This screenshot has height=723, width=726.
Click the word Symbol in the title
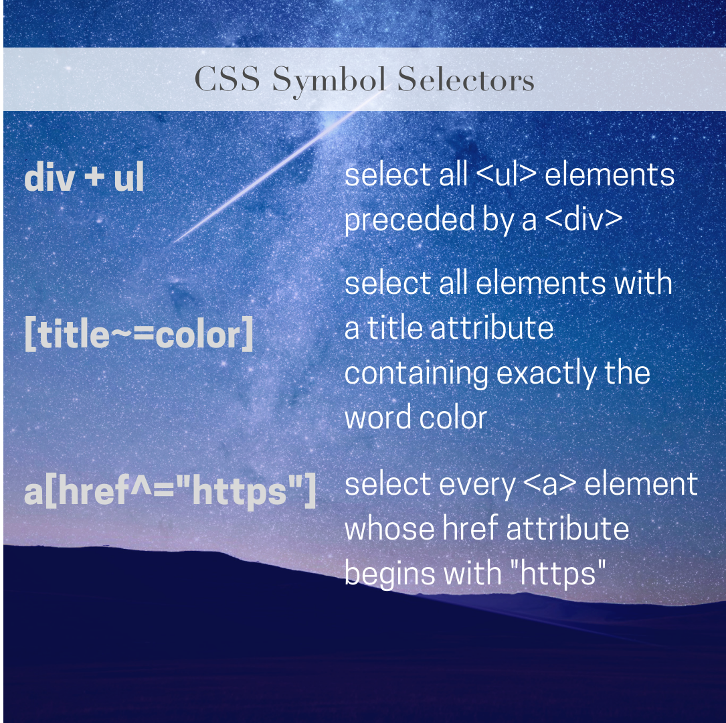(329, 80)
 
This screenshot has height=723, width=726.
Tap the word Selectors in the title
(466, 80)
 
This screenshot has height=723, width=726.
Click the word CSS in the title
(228, 80)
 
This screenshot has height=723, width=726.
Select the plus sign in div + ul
(95, 179)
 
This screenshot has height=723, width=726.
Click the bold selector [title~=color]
(139, 335)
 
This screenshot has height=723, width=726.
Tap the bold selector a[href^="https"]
(170, 491)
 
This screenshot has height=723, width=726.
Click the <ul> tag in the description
(507, 175)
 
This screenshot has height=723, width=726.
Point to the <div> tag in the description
(583, 220)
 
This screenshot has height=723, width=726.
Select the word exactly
(547, 373)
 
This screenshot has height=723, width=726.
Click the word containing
(416, 373)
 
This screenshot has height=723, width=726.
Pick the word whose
(389, 529)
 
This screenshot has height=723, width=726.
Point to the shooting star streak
(268, 175)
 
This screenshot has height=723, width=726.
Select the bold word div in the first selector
(48, 179)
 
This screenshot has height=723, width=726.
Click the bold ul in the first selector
(128, 179)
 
